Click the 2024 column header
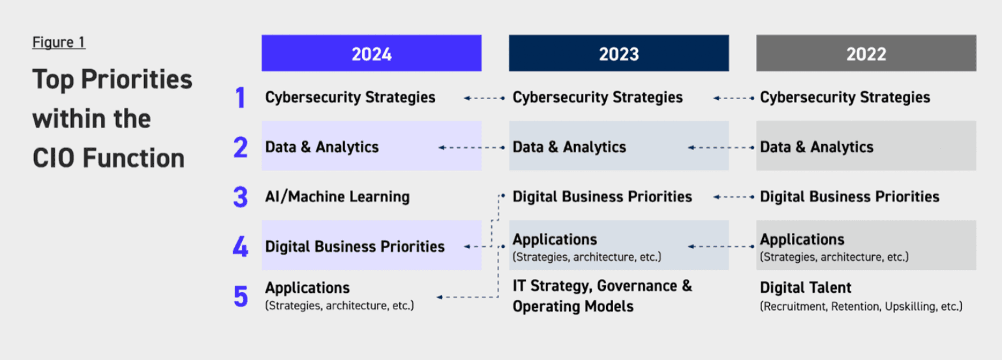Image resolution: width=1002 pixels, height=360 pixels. tap(371, 53)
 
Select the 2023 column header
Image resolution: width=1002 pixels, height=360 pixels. tap(618, 53)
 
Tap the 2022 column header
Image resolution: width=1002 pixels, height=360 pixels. tap(866, 53)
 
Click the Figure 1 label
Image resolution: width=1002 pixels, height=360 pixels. tap(59, 42)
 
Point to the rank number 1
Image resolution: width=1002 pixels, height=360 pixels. tap(240, 97)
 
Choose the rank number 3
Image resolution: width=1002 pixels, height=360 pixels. tap(241, 197)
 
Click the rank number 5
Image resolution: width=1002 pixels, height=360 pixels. tap(241, 296)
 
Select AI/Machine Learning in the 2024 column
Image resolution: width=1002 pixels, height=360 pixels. tap(337, 197)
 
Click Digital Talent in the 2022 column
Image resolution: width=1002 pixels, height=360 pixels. tap(806, 288)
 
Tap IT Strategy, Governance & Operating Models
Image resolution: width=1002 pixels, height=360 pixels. tap(602, 296)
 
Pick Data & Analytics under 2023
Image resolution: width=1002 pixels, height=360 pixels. tap(569, 147)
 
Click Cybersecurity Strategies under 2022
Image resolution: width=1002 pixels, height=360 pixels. tap(845, 97)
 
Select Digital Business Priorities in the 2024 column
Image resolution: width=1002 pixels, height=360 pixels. tap(355, 247)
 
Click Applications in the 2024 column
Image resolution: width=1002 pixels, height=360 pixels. tap(307, 288)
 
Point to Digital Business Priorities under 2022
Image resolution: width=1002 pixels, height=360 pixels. tap(849, 197)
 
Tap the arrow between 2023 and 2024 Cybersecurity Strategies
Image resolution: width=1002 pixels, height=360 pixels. tap(485, 98)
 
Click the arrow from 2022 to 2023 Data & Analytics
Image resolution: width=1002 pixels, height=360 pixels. tap(721, 147)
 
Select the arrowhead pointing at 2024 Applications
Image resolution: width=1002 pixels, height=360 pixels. tap(440, 297)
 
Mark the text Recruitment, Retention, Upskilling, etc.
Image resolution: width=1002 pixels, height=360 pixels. tap(861, 307)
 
